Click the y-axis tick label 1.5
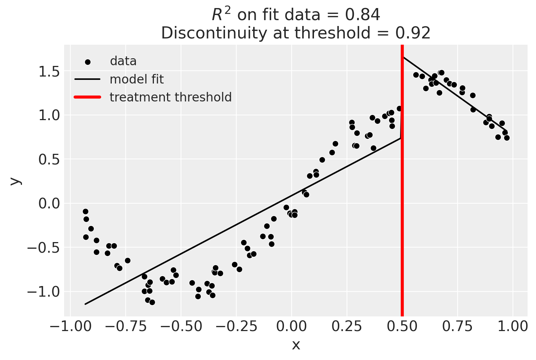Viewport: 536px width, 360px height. tap(49, 71)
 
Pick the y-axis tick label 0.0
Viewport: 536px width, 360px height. tap(49, 204)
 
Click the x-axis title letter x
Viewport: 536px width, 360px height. tap(296, 345)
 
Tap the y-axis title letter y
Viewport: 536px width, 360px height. tap(15, 181)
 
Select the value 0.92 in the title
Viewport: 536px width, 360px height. tap(413, 33)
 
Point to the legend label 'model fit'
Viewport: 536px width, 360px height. tap(137, 79)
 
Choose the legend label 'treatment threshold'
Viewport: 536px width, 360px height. tap(171, 97)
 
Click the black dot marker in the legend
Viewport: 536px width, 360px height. tap(88, 62)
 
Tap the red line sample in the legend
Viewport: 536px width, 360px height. tap(87, 97)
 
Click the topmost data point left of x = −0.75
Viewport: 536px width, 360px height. tap(85, 211)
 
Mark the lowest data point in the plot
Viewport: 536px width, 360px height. tap(152, 302)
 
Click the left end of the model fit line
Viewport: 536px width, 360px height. tap(85, 304)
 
